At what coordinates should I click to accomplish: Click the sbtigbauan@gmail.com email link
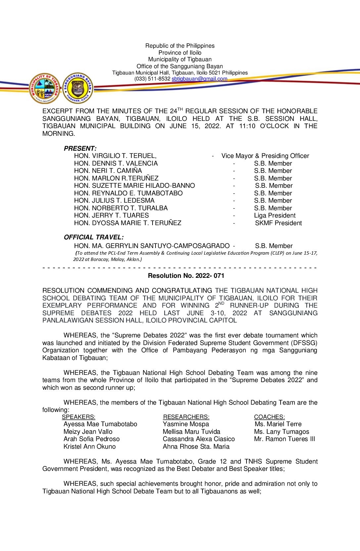click(199, 79)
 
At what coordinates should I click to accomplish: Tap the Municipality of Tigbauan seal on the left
click(44, 88)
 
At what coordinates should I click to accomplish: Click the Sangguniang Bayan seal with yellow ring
click(78, 88)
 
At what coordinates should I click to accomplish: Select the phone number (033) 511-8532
click(152, 79)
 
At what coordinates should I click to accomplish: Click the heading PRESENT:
click(80, 148)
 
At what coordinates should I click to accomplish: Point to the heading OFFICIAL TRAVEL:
click(94, 237)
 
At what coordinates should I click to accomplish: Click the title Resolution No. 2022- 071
click(186, 275)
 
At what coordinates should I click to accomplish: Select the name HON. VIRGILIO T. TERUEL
click(115, 156)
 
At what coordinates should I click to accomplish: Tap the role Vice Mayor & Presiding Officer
click(265, 156)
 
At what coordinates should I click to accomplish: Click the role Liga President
click(275, 216)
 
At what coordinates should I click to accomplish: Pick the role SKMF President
click(278, 223)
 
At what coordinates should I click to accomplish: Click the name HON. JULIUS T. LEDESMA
click(114, 201)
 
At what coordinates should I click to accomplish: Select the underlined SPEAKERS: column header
click(78, 417)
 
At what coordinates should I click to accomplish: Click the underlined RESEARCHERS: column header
click(186, 417)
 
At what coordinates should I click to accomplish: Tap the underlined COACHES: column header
click(269, 417)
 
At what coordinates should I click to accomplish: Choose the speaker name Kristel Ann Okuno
click(90, 447)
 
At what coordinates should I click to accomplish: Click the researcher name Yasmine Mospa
click(186, 424)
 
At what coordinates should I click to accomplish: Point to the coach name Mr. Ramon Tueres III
click(285, 439)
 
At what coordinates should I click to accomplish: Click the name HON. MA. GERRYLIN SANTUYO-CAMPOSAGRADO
click(152, 246)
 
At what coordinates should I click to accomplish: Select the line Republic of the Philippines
click(180, 46)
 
